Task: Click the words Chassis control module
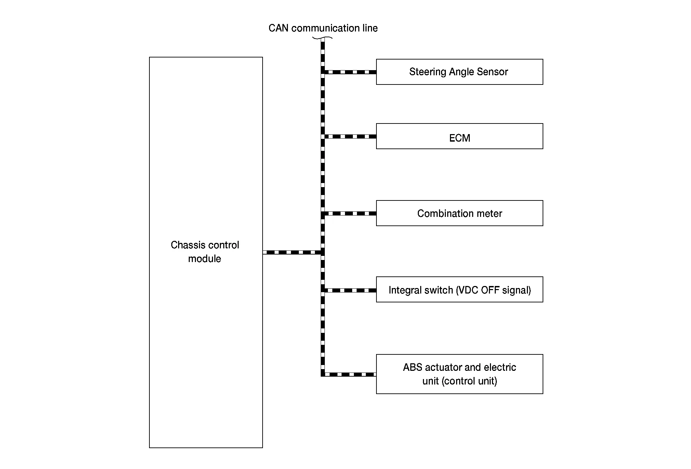coord(205,252)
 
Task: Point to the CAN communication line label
coord(323,28)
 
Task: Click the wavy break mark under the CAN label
coord(322,38)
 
